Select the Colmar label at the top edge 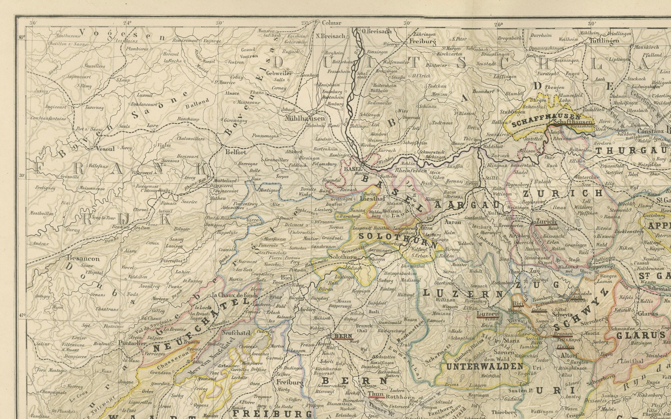pos(332,23)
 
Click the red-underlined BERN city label pos(343,336)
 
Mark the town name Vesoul pos(105,149)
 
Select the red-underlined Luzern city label pos(488,314)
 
